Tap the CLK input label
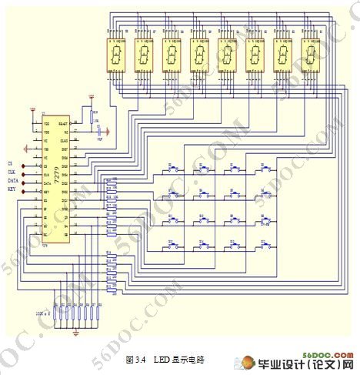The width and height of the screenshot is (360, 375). click(12, 172)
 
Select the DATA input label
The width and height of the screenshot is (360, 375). click(13, 180)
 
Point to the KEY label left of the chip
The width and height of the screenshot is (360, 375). click(12, 189)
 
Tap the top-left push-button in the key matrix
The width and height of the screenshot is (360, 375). click(172, 169)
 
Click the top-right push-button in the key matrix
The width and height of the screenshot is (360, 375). click(264, 169)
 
